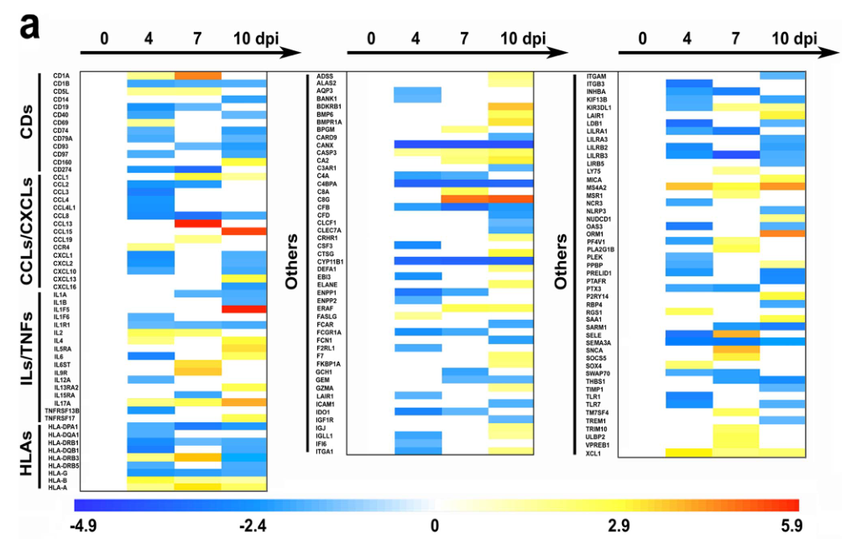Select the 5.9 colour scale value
(x=788, y=526)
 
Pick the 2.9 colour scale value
(x=619, y=526)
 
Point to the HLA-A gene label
(x=58, y=487)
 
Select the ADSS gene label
(x=325, y=76)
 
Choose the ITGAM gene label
(x=596, y=76)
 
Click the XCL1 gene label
(x=594, y=453)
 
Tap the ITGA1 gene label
(x=326, y=452)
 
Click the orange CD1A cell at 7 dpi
(x=197, y=76)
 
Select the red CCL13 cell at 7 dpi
(x=197, y=223)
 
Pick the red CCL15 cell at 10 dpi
(x=244, y=231)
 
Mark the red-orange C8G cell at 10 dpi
(x=511, y=198)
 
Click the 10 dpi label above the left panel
(x=255, y=38)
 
